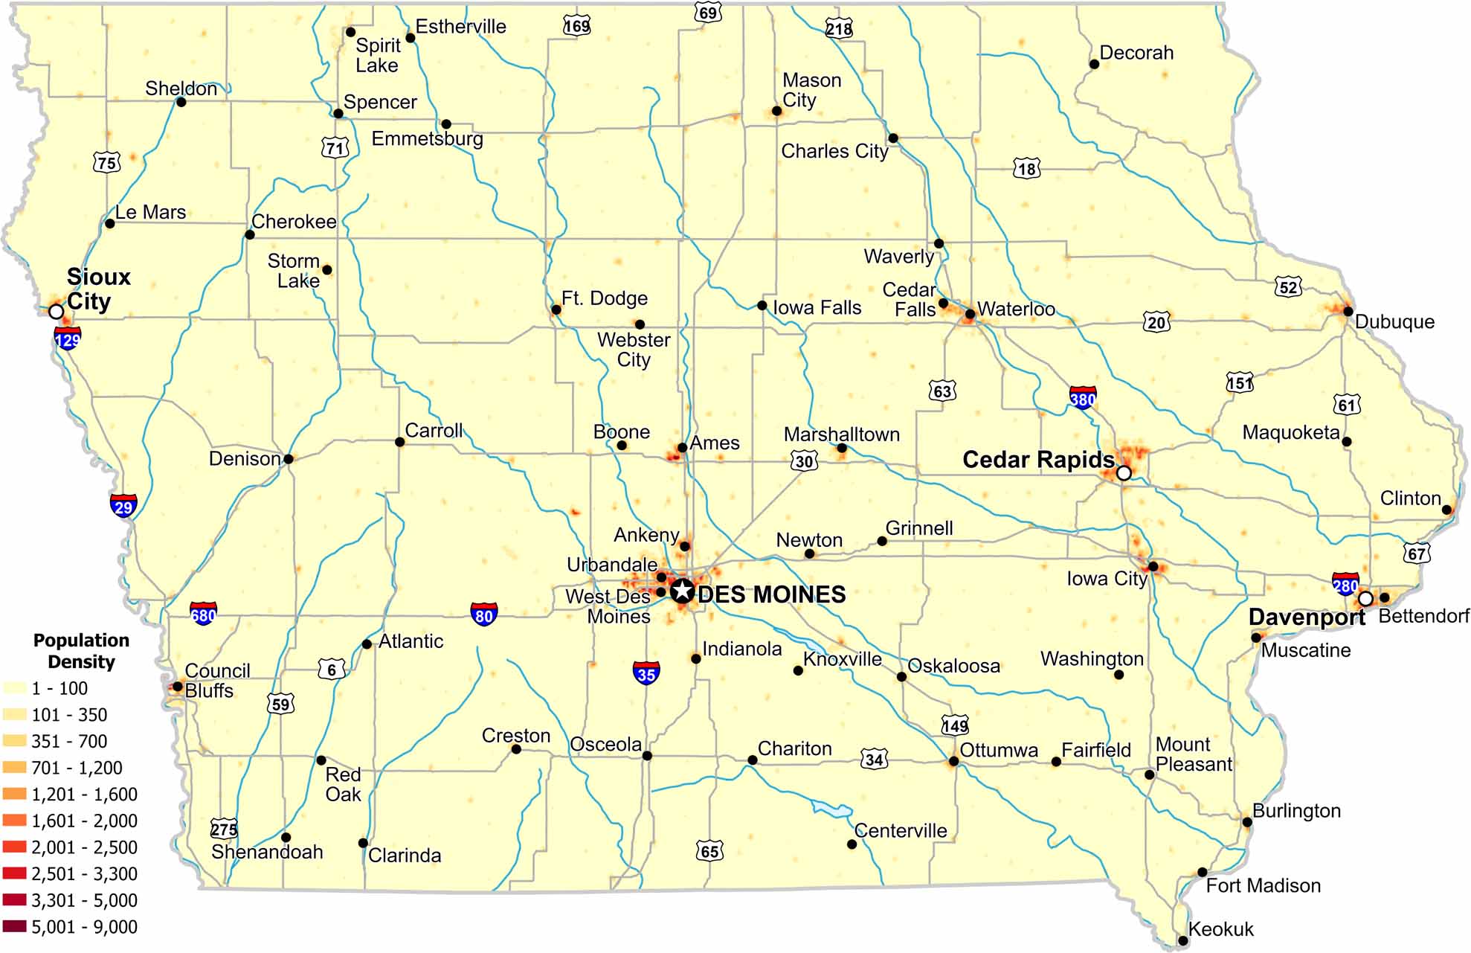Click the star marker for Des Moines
point(683,591)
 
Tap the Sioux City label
point(98,289)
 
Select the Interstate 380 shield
point(1083,398)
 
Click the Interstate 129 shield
point(68,339)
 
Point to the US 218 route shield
point(839,29)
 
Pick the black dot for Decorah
point(1094,65)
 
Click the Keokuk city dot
point(1183,941)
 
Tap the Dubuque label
point(1394,321)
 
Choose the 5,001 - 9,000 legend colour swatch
point(15,927)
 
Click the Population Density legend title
point(81,651)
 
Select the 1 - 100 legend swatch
point(15,688)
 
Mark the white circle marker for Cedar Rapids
point(1124,473)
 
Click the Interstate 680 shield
point(203,614)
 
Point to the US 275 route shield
point(224,829)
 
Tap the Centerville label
point(901,830)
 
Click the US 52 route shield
point(1289,287)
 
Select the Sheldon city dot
point(181,102)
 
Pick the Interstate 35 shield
point(646,673)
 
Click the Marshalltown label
point(841,434)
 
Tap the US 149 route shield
point(955,725)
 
